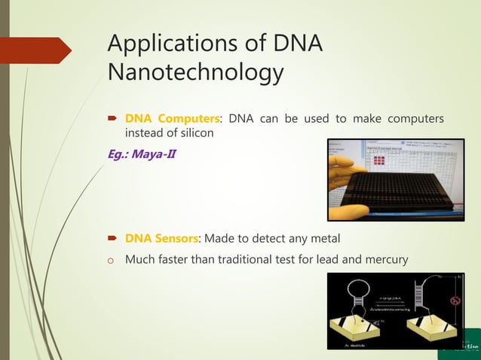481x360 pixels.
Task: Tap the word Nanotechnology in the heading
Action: point(196,74)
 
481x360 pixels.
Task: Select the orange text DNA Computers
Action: point(173,118)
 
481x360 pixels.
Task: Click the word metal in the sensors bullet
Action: point(323,239)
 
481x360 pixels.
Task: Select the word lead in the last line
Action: point(314,260)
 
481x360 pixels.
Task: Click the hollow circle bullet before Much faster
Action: point(111,261)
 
